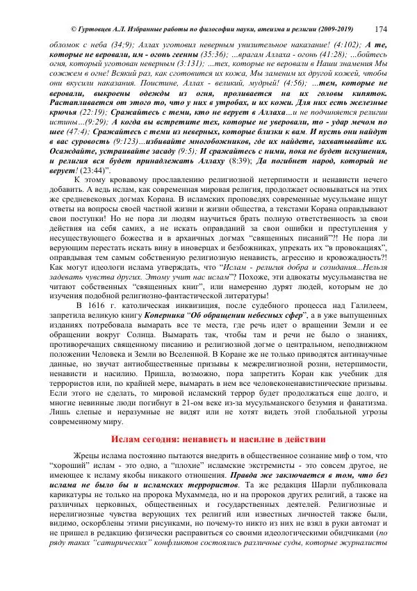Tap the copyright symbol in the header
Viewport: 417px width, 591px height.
[74, 29]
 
